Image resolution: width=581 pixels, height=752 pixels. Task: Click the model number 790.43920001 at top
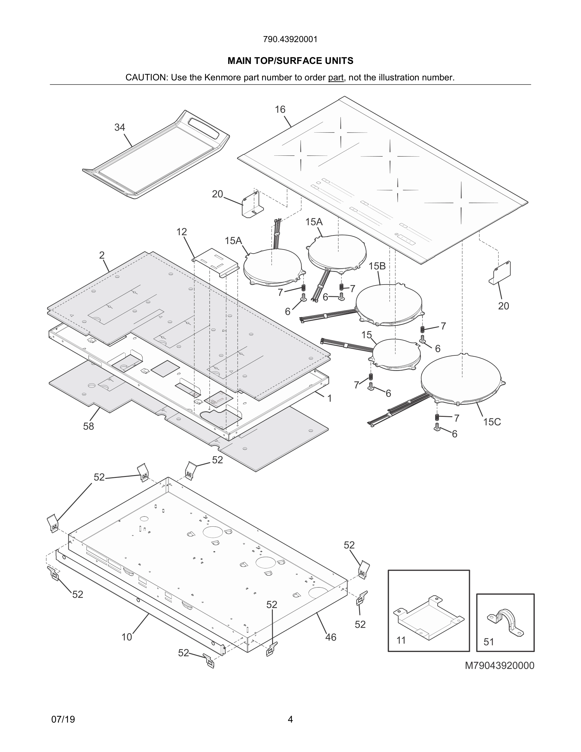[290, 40]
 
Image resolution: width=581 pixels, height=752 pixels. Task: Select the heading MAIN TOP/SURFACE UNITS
[290, 61]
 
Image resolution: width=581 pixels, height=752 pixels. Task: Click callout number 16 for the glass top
[280, 110]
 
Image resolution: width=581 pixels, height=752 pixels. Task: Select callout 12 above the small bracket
[181, 232]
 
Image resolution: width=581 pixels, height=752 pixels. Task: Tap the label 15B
[377, 266]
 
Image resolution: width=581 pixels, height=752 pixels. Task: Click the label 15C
[491, 422]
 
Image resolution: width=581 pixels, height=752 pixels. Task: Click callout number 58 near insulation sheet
[89, 426]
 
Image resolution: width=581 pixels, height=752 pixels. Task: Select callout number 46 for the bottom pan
[330, 637]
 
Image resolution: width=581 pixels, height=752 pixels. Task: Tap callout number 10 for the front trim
[127, 637]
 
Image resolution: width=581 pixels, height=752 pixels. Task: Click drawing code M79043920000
[499, 666]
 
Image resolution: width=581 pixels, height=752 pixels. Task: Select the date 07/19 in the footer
[63, 719]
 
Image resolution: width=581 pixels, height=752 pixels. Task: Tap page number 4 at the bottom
[290, 719]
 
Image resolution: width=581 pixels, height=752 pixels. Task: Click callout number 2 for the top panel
[102, 255]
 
